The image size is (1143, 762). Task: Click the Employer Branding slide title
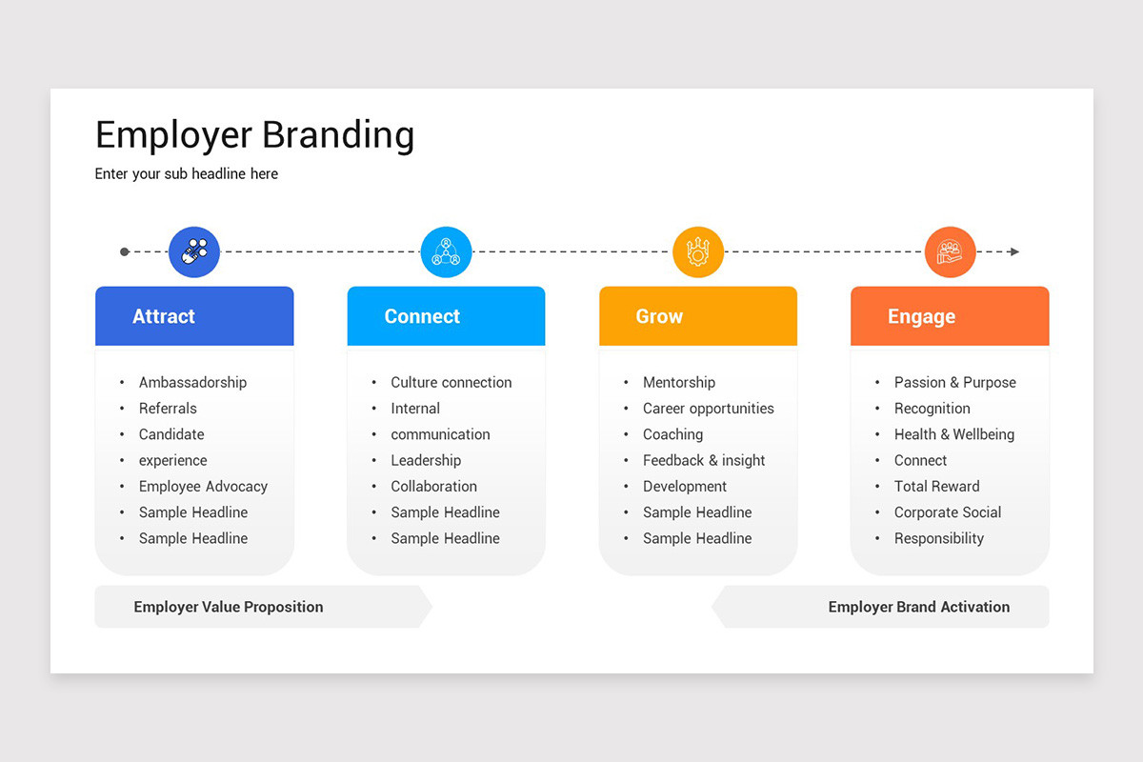[254, 135]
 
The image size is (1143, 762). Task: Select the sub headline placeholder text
[187, 174]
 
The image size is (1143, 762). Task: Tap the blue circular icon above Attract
[194, 252]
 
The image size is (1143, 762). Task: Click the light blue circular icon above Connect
[446, 252]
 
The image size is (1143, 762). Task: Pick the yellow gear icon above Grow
[698, 252]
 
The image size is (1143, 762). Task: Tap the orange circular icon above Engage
[950, 252]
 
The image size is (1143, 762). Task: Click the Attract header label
[164, 317]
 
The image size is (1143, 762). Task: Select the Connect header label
[422, 317]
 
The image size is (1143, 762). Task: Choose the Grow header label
[659, 317]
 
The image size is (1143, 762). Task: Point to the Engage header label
[921, 317]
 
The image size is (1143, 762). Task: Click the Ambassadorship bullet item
[192, 383]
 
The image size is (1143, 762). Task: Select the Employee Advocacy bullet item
[203, 487]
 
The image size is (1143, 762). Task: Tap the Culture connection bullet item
[451, 383]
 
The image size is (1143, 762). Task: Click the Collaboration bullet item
[433, 487]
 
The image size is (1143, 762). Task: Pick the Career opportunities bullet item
[708, 409]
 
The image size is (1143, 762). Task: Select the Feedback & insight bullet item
[704, 461]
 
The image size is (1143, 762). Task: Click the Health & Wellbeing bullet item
[953, 434]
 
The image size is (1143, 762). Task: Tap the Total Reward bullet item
[936, 487]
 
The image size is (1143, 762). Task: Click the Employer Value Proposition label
[229, 608]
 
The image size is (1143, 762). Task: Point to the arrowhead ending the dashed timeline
[1014, 252]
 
